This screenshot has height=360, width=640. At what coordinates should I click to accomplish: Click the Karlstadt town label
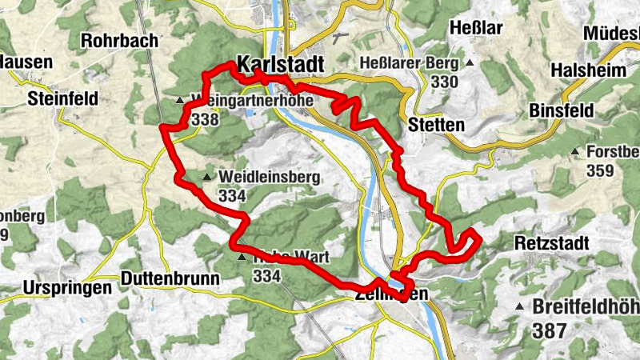pyautogui.click(x=280, y=63)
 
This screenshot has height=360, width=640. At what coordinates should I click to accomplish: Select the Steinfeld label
pyautogui.click(x=62, y=99)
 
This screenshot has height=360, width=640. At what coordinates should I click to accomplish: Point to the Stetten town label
pyautogui.click(x=436, y=125)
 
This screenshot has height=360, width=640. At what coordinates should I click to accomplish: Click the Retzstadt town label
pyautogui.click(x=552, y=242)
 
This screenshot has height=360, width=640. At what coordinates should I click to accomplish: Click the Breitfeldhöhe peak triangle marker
pyautogui.click(x=521, y=306)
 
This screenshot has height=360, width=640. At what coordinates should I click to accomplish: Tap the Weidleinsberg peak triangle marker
pyautogui.click(x=208, y=177)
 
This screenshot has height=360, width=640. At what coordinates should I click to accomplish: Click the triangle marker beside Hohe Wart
pyautogui.click(x=242, y=258)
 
